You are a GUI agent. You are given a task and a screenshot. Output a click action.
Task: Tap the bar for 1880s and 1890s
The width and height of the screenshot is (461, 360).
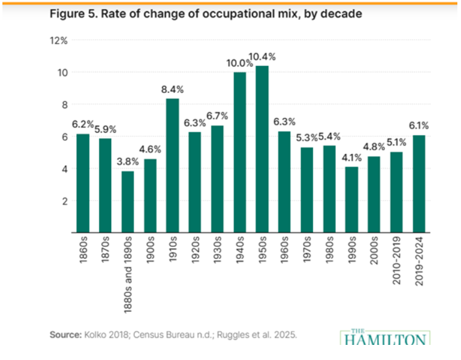click(128, 202)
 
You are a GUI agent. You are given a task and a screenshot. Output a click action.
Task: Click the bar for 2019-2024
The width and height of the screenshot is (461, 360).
click(419, 184)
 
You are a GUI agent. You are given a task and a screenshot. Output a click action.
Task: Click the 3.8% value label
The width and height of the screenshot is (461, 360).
click(128, 162)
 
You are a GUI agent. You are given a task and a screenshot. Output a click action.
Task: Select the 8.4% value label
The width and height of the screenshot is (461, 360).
click(173, 89)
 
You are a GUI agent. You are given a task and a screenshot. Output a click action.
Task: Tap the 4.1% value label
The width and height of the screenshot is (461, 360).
click(352, 158)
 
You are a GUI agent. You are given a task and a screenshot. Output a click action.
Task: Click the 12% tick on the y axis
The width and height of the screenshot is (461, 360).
click(59, 40)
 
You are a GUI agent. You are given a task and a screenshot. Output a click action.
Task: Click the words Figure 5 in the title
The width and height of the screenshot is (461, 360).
click(71, 13)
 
